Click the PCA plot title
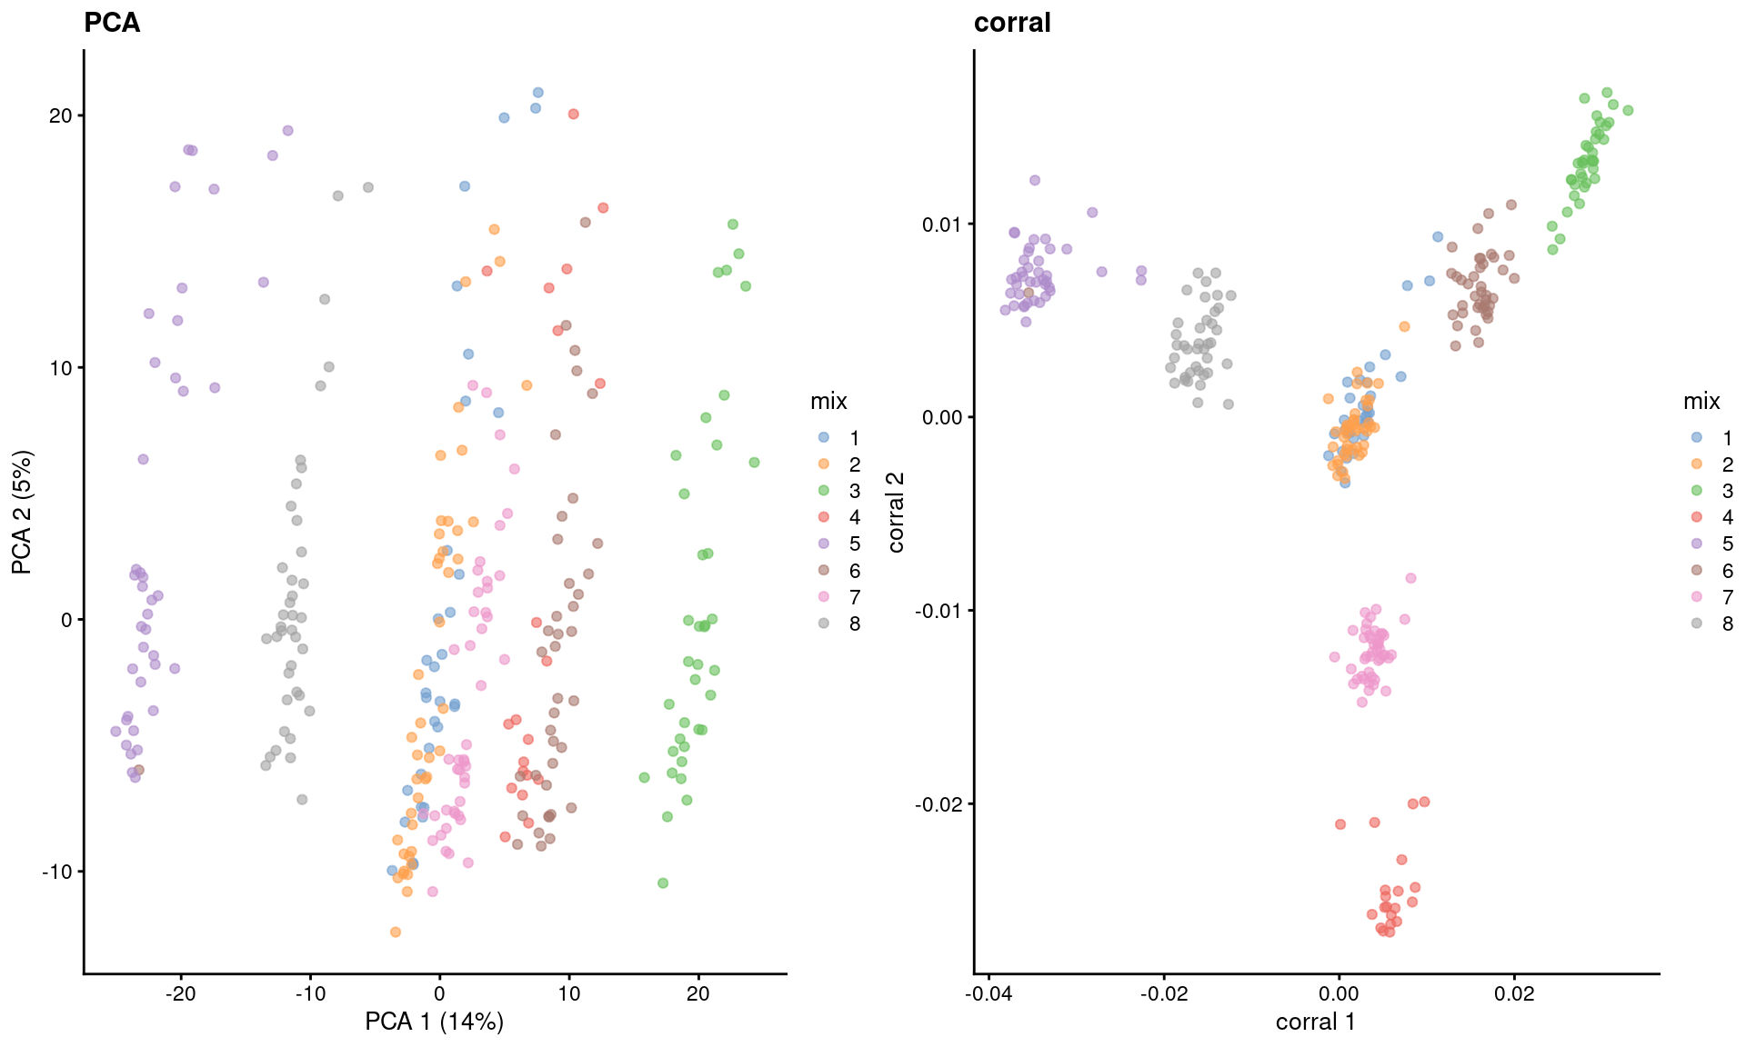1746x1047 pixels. pos(112,23)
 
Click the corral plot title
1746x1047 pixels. pos(1012,23)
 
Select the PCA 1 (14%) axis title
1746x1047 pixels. pos(434,1022)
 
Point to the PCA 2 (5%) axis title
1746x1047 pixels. pos(22,512)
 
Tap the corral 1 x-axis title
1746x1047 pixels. pos(1315,1022)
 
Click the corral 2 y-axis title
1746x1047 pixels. pos(896,512)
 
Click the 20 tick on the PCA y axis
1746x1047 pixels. pos(61,116)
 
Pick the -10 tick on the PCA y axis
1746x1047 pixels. pos(56,872)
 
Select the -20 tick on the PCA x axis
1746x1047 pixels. pos(180,993)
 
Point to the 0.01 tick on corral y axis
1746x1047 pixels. pos(942,224)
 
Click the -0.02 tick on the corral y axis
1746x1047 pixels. pos(938,804)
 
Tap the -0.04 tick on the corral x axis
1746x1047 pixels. pos(988,993)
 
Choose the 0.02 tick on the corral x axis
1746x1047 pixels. pos(1514,993)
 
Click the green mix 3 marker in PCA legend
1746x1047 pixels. pos(824,491)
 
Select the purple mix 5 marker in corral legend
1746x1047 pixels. pos(1697,543)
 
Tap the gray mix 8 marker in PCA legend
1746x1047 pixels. pos(824,623)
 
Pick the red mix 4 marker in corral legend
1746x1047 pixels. pos(1697,517)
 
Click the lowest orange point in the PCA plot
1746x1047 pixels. pos(396,932)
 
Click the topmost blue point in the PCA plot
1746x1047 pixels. pos(537,93)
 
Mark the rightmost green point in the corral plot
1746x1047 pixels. pos(1628,111)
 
